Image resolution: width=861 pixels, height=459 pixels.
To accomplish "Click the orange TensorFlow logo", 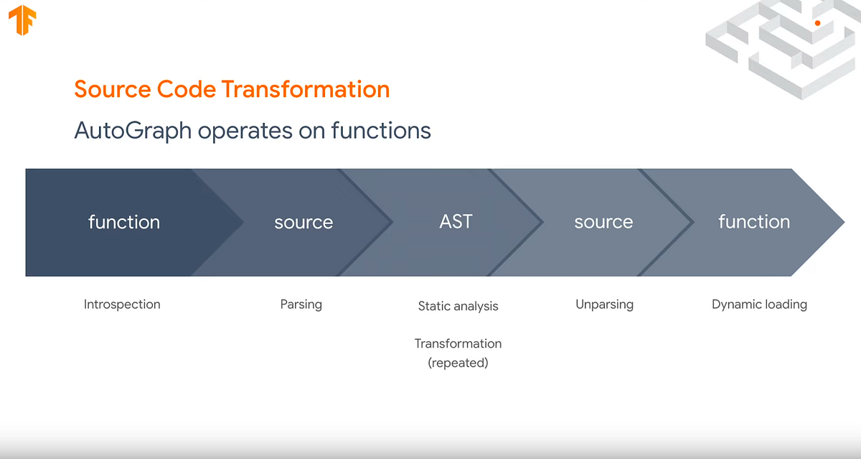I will point(23,22).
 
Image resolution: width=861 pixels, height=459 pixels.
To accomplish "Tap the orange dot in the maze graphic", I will point(817,23).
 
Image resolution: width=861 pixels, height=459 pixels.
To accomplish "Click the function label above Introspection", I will point(123,222).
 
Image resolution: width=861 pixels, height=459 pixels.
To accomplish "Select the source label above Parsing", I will point(304,222).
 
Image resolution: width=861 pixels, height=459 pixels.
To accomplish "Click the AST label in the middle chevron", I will point(456,221).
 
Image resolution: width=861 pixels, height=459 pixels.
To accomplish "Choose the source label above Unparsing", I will point(603,222).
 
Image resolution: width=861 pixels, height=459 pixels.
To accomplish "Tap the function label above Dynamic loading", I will point(753,222).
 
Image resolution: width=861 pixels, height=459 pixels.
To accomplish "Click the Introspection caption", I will point(122,305).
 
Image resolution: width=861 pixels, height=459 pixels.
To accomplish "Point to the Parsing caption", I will point(301,305).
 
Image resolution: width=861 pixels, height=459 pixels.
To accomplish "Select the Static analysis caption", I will point(458,306).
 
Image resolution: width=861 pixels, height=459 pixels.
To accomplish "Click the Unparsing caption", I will point(604,305).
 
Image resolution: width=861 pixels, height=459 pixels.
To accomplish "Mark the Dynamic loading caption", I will point(759,305).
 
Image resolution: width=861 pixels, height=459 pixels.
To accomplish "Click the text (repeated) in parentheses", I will point(458,363).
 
